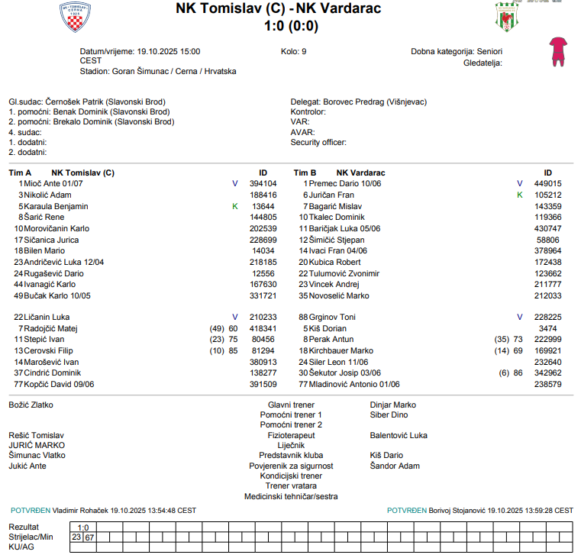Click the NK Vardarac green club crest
click(505, 17)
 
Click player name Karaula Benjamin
click(56, 206)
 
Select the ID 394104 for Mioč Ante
click(263, 183)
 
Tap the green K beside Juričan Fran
click(520, 195)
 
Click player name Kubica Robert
click(335, 262)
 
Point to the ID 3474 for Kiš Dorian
click(547, 328)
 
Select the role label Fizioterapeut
click(291, 435)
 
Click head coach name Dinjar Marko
click(392, 405)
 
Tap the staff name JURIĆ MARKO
click(37, 445)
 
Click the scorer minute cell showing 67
click(90, 537)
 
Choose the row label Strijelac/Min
click(31, 537)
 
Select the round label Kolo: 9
click(294, 52)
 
